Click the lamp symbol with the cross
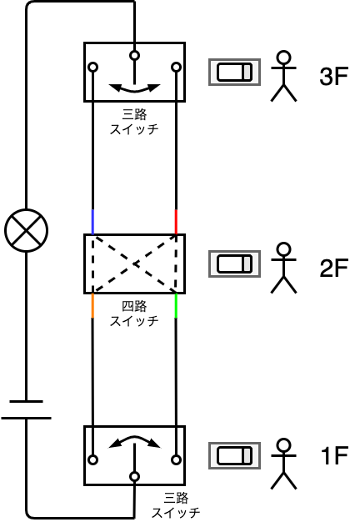coord(27,230)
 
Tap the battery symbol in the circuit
coord(27,409)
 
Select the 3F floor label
coord(333,77)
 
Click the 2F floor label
coord(333,268)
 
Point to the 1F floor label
coord(334,455)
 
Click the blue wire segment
coord(92,222)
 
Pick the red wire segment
coord(176,222)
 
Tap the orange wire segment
coord(92,305)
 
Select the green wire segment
coord(176,305)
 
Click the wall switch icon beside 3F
coord(234,72)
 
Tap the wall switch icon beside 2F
coord(234,264)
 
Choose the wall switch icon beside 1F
coord(234,455)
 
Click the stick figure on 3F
coord(284,76)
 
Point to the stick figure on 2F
coord(284,268)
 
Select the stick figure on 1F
coord(284,464)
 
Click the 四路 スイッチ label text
coord(134,314)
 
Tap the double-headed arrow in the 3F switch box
coord(134,88)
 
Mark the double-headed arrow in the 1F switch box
coord(134,441)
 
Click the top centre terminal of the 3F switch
coord(134,55)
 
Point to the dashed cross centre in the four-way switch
coord(134,264)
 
